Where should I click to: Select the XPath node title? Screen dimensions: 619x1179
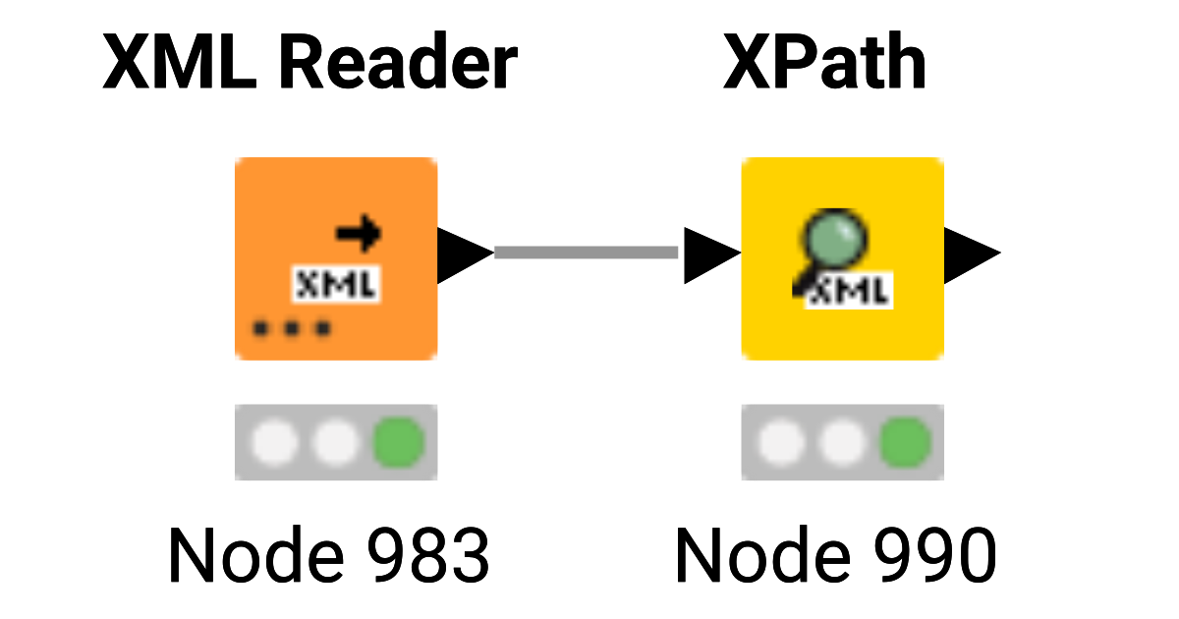pos(824,65)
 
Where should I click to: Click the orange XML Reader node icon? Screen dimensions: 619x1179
pos(335,258)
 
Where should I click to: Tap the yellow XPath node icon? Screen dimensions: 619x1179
pos(842,258)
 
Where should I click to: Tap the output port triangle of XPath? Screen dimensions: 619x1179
pos(971,253)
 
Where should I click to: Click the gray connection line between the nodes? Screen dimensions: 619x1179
pos(587,253)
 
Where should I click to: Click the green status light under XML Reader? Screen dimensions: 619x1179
pos(399,442)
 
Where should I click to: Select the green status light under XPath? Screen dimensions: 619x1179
pos(905,442)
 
